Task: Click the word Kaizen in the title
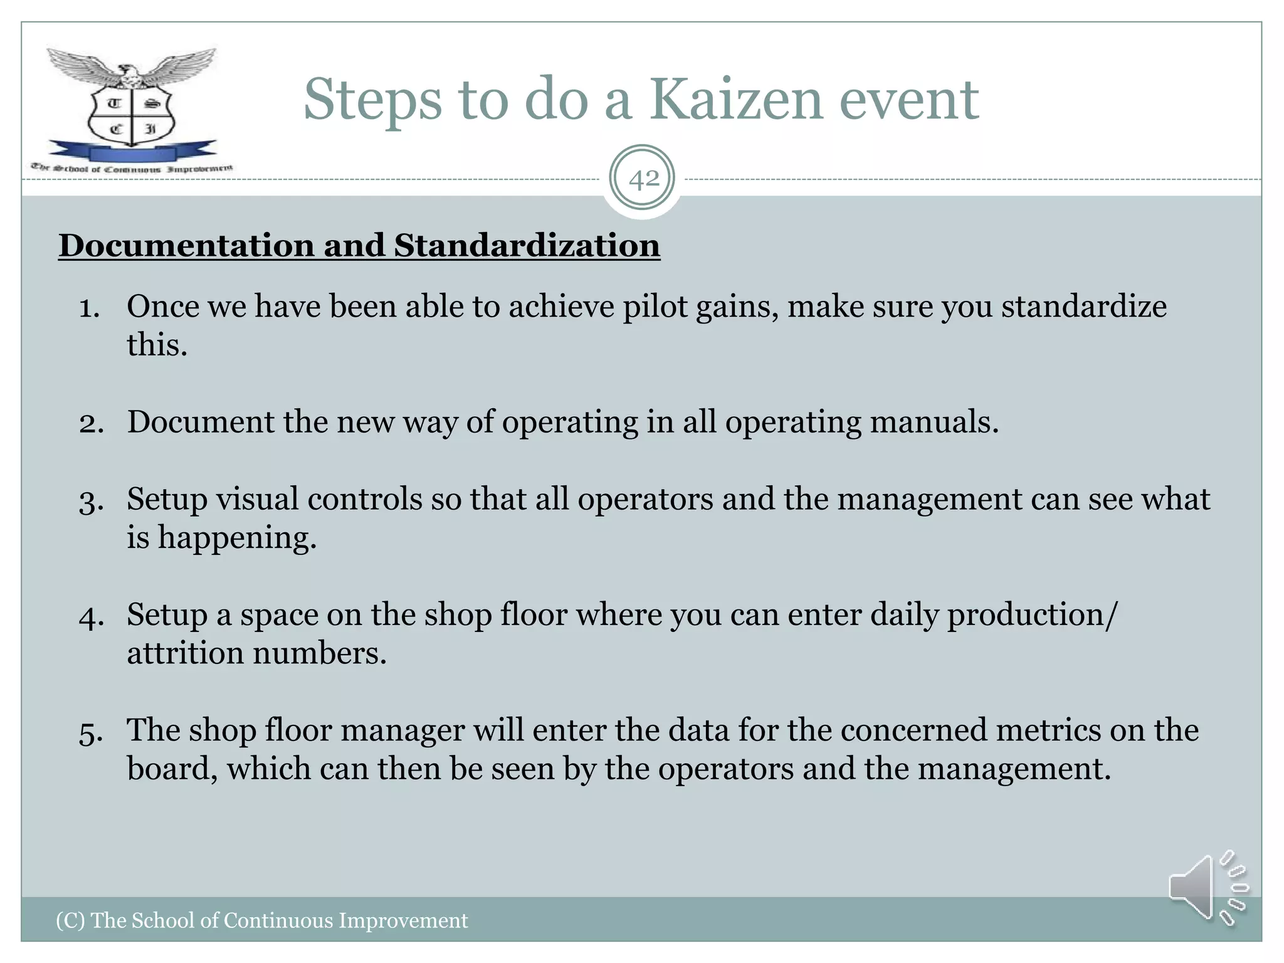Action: click(735, 100)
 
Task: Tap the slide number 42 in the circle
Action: click(643, 179)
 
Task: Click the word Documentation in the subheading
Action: click(186, 245)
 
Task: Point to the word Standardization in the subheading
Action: click(527, 245)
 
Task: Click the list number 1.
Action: click(89, 308)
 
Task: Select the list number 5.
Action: click(90, 732)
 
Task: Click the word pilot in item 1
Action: click(655, 307)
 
